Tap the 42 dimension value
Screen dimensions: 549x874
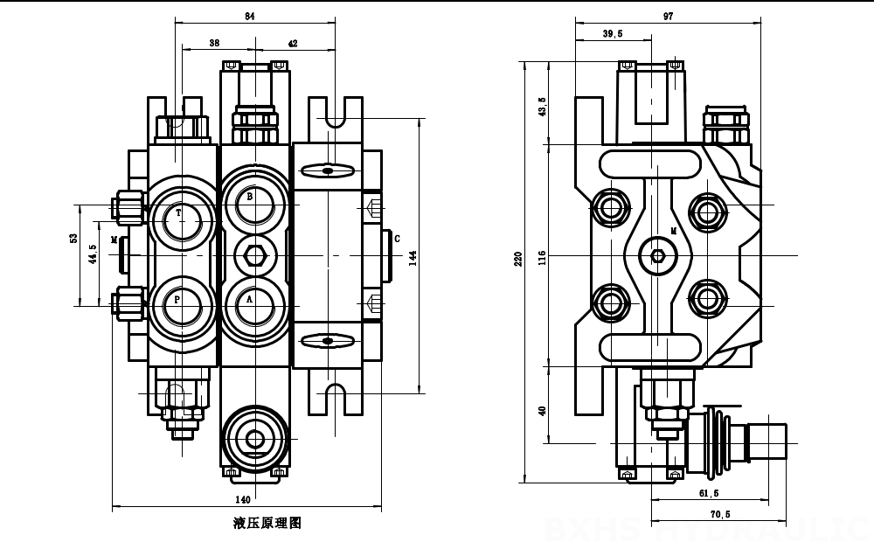[x=292, y=43]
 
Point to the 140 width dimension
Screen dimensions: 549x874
[x=243, y=499]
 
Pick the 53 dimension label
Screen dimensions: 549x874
[x=74, y=238]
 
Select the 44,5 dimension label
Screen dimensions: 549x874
[x=94, y=254]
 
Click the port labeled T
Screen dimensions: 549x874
[x=179, y=212]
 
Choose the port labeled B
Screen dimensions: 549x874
[x=250, y=198]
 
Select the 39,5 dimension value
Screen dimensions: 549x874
[x=613, y=34]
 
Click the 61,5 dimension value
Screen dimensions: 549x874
[x=709, y=493]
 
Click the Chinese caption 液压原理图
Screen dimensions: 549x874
[x=267, y=524]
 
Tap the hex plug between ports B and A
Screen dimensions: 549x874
[x=255, y=254]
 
